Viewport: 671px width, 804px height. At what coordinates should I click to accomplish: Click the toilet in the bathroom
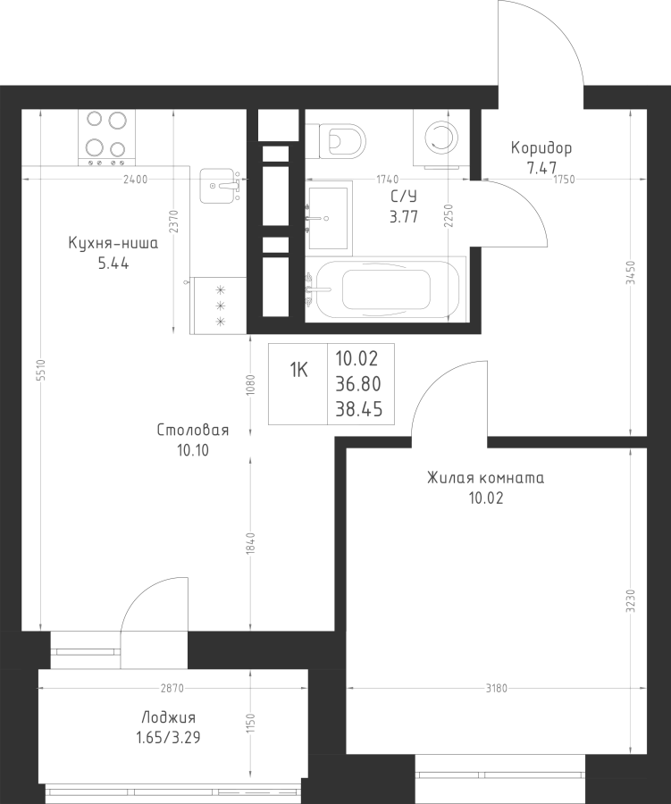[x=338, y=138]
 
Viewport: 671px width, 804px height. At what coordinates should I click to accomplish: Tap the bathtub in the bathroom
[x=385, y=289]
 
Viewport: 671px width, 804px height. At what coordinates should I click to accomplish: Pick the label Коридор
[x=541, y=148]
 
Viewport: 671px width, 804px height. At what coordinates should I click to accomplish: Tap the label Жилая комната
[x=485, y=479]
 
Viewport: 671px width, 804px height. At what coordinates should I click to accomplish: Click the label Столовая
[x=193, y=431]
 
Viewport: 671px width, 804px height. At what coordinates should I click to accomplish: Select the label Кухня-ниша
[x=113, y=243]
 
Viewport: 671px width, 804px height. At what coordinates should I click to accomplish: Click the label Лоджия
[x=168, y=718]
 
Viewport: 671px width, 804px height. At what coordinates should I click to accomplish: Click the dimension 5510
[x=40, y=370]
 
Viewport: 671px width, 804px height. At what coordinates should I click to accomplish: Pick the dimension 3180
[x=497, y=688]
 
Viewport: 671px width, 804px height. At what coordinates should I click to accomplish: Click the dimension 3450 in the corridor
[x=631, y=272]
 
